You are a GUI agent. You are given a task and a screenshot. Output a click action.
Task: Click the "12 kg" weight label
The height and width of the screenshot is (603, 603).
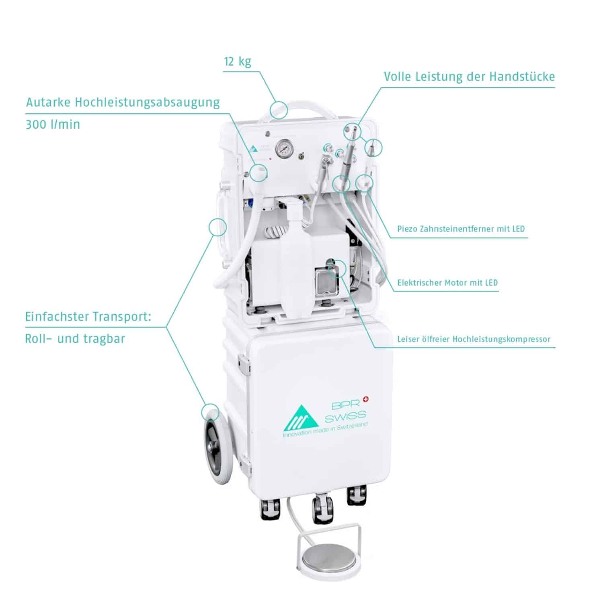tap(237, 62)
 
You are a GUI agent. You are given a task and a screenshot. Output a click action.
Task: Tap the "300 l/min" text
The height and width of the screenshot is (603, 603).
tap(53, 124)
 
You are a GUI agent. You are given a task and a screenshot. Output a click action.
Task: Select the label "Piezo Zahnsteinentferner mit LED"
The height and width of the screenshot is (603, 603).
tap(461, 229)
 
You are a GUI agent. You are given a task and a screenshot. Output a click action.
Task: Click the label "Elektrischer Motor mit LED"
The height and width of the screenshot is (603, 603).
tap(447, 283)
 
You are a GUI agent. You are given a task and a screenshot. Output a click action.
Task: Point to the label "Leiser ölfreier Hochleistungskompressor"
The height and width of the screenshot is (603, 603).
tap(474, 339)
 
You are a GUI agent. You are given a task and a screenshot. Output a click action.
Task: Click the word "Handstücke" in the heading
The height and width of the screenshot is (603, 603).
tap(522, 76)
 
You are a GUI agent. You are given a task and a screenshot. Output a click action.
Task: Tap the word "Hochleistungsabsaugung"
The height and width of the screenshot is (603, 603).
tap(147, 103)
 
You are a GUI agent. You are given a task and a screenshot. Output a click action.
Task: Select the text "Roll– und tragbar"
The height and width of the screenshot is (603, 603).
tap(75, 338)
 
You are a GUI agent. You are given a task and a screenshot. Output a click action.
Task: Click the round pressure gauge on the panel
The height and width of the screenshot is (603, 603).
tap(284, 149)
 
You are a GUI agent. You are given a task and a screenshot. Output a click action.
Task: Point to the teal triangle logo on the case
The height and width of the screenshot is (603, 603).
tap(299, 420)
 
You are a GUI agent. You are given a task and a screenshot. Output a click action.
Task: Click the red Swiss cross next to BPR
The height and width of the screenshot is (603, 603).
tap(365, 399)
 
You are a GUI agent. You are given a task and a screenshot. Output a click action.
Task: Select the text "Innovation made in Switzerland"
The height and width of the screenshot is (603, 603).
tap(325, 431)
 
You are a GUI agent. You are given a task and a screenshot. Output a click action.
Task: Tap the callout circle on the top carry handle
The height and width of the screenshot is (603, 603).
tap(278, 109)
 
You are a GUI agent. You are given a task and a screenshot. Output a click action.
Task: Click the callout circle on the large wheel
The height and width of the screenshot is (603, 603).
tap(211, 413)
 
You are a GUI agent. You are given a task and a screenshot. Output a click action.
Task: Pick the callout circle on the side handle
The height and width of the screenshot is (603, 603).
tap(217, 227)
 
